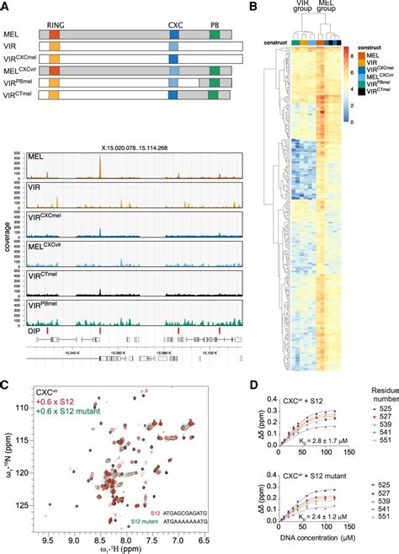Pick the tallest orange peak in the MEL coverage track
click(100, 164)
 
